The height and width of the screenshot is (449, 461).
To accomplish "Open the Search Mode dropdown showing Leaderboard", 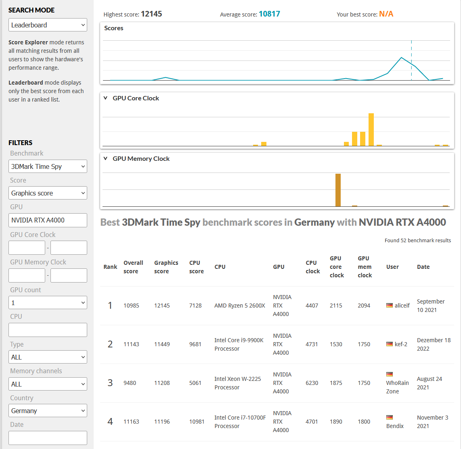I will coord(48,25).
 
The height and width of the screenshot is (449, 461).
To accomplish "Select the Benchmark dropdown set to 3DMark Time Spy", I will coord(48,166).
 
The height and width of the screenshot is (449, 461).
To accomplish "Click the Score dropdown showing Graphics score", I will coord(48,193).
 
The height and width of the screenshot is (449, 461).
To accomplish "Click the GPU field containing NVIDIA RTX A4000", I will coord(48,220).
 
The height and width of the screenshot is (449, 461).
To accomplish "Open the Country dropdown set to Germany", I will coord(48,411).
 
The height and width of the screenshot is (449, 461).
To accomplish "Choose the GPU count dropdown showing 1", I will coord(48,303).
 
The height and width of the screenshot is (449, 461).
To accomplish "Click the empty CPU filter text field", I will coord(48,330).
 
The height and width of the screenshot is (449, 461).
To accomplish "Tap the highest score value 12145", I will coord(151,14).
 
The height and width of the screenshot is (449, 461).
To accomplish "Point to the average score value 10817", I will coord(269,14).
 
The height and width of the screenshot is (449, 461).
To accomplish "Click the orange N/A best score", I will coord(386,14).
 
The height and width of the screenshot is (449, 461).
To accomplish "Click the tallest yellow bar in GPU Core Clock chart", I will coord(371,129).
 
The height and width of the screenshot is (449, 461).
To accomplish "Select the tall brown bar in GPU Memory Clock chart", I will coord(338,190).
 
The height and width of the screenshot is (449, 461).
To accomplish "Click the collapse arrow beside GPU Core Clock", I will coord(106,98).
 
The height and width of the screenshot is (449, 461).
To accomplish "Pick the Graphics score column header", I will coord(166,267).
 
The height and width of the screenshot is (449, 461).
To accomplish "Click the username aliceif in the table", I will coord(402,306).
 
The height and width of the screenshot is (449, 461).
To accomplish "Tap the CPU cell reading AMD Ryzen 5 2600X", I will coord(240,306).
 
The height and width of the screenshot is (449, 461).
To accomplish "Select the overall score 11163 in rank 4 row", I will coord(131,422).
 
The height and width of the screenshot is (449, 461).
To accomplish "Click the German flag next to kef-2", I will coord(390,344).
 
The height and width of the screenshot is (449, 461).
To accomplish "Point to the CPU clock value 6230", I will coord(312,383).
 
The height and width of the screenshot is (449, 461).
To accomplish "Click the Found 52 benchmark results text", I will coord(417,240).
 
